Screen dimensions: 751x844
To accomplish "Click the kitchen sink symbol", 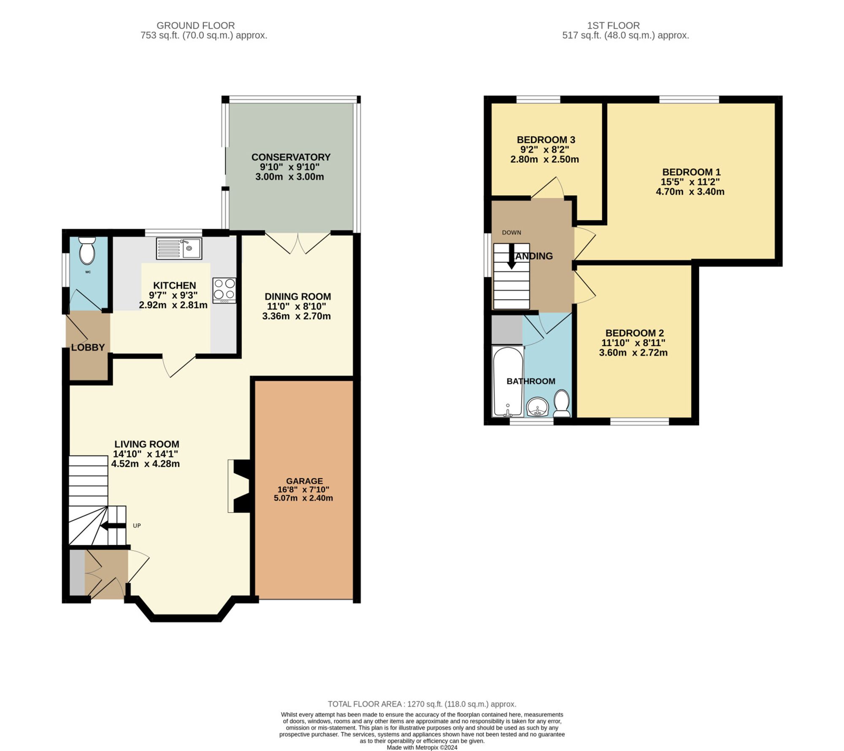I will [179, 248].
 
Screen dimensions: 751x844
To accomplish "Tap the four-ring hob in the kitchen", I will [224, 289].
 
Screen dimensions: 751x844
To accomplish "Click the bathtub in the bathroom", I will [508, 381].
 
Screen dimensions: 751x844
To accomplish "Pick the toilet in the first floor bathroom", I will [562, 403].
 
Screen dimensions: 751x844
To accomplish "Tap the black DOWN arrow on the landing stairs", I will [511, 256].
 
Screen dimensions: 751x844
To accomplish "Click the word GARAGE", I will [304, 481].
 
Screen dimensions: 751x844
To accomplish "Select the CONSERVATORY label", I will [291, 157].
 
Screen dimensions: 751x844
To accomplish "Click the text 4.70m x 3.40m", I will [690, 192].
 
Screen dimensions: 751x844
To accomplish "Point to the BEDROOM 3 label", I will [546, 140].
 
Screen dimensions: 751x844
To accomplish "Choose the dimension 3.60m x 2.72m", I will [633, 353].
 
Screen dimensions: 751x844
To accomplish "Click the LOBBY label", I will [88, 347].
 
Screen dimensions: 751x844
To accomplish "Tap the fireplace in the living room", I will [239, 486].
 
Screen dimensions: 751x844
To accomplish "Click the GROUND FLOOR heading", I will [195, 25].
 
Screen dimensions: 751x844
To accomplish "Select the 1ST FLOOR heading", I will [613, 25].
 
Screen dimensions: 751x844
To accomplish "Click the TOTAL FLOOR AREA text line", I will [422, 704].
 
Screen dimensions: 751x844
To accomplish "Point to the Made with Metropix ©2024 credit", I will [422, 747].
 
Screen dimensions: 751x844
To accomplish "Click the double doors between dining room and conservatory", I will [298, 243].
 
